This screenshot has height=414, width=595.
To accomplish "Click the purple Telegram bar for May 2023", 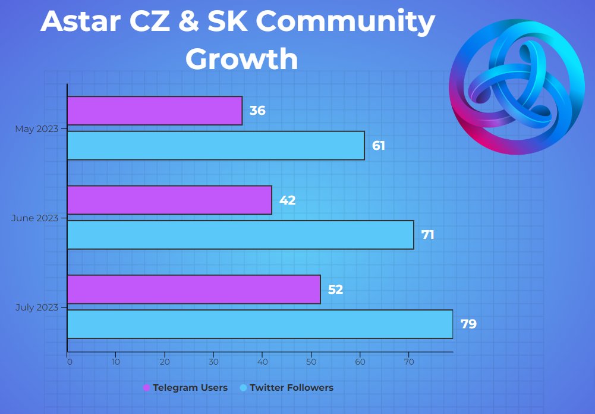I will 155,111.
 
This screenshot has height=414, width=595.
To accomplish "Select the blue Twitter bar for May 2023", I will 216,146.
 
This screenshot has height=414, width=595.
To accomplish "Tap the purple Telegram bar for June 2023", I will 169,200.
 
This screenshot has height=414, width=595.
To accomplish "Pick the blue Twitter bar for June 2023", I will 240,235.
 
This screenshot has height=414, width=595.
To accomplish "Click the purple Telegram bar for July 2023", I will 194,290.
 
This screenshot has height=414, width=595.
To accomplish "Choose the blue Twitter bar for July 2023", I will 260,324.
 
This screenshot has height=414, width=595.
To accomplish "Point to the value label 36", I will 257,111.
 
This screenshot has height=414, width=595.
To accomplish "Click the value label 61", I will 379,146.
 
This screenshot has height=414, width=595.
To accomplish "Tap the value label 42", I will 287,200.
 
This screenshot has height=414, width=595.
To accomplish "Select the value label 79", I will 468,325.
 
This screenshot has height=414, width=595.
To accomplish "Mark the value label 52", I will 335,290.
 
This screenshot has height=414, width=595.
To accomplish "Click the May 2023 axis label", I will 37,128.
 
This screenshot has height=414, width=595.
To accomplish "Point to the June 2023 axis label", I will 35,218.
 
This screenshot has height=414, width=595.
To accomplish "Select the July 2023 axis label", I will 37,308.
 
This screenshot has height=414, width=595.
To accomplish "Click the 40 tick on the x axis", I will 262,362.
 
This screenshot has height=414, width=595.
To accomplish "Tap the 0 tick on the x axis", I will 69,362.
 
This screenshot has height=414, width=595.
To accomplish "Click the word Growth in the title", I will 241,58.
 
